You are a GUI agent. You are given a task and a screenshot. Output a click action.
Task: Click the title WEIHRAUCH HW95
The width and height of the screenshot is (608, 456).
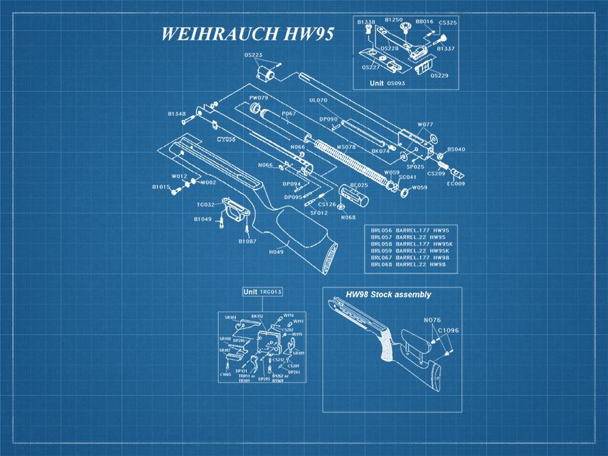246,35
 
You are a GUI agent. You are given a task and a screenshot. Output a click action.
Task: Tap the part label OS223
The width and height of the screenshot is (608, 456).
253,55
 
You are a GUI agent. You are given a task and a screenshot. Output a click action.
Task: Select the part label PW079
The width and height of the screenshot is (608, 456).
258,98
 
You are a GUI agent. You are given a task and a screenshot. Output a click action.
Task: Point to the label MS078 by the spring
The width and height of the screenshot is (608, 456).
346,147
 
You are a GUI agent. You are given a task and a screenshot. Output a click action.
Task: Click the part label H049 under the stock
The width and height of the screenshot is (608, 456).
276,252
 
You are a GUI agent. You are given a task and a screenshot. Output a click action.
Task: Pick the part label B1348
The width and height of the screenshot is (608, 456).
177,114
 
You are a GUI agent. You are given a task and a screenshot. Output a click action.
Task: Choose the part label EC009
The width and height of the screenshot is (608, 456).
455,183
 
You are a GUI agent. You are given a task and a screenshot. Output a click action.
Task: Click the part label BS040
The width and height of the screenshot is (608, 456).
456,149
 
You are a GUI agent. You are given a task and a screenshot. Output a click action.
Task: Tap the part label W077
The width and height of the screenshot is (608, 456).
425,125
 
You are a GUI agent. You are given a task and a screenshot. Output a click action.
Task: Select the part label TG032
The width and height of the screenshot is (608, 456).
206,204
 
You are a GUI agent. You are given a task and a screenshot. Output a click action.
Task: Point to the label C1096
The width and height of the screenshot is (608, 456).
448,330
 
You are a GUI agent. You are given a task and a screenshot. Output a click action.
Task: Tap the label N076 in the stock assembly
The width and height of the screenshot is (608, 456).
432,320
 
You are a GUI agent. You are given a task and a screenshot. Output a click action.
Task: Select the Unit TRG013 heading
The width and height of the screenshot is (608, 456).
262,292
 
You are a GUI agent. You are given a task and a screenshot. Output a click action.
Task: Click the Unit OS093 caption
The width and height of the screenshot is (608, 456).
387,82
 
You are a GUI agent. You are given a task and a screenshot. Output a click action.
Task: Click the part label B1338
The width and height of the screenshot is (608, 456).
367,22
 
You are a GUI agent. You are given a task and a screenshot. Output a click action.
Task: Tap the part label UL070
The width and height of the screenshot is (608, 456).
318,100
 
